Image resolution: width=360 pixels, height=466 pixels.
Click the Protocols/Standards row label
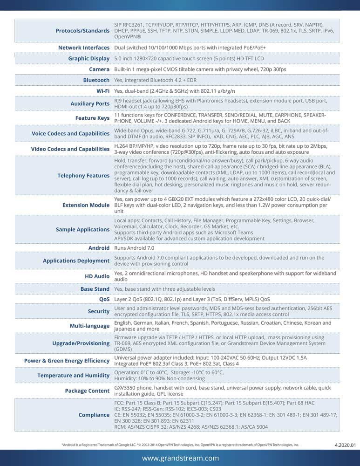click(82, 31)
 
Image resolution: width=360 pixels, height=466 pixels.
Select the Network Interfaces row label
click(84, 48)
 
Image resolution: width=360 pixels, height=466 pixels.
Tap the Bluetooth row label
click(96, 80)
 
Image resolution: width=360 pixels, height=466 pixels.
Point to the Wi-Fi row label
click(103, 90)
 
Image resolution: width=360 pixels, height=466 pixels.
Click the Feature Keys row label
click(92, 118)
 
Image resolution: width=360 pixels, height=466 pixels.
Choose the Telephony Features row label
click(83, 176)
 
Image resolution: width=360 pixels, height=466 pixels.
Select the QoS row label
click(104, 299)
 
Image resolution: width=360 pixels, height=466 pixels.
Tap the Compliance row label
click(94, 415)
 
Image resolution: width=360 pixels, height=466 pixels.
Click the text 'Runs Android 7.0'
click(134, 248)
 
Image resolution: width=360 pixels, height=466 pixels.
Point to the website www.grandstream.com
click(180, 458)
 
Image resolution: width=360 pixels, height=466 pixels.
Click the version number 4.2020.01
click(345, 445)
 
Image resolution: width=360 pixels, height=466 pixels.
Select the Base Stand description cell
click(164, 289)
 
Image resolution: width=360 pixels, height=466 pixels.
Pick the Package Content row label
click(87, 391)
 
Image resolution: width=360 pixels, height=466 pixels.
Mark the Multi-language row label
click(89, 326)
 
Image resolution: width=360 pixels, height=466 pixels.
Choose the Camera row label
click(99, 69)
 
